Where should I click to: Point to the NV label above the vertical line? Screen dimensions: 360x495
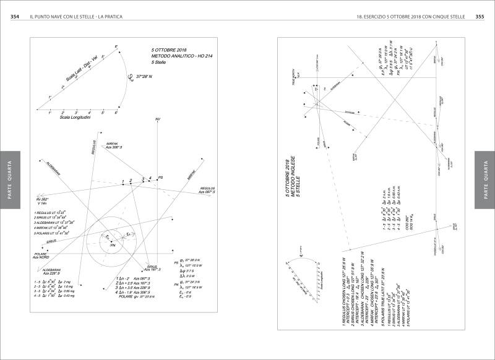click(x=158, y=118)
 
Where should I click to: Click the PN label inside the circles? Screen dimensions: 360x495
click(x=113, y=246)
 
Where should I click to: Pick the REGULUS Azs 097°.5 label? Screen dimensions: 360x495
click(x=207, y=190)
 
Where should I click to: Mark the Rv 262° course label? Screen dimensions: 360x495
click(x=41, y=200)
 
